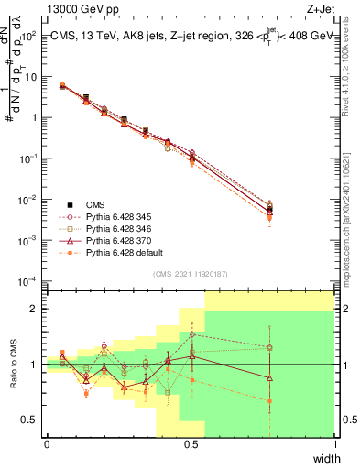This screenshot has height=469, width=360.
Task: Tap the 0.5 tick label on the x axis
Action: (x=191, y=444)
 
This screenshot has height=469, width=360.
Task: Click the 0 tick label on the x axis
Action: (x=47, y=444)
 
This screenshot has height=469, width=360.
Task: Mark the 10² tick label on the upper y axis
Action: (x=29, y=36)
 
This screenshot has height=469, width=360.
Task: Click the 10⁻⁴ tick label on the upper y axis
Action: (x=28, y=280)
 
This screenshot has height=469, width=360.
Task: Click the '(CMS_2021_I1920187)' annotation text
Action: (x=191, y=273)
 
